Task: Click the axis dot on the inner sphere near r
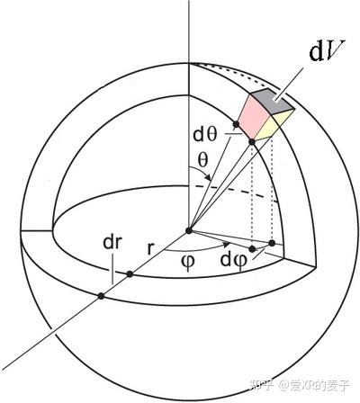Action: pos(130,273)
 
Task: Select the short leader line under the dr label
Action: pos(109,270)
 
